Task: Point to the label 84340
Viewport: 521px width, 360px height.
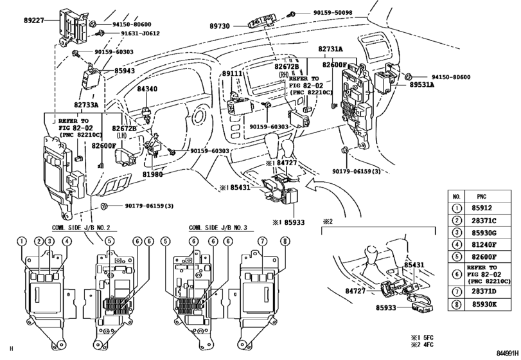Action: [x=146, y=89]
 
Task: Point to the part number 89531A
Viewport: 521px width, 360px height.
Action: [x=422, y=84]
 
